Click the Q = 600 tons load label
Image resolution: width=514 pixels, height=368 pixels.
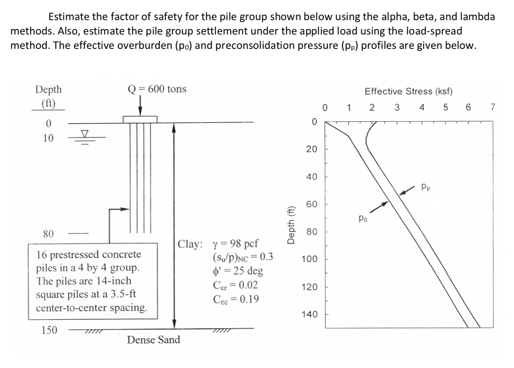[x=157, y=89]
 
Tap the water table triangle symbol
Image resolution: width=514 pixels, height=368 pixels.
[x=85, y=134]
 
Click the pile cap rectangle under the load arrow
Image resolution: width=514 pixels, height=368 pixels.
[x=140, y=119]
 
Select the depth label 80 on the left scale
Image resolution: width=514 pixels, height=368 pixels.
[x=48, y=234]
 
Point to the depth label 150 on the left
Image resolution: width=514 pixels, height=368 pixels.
[x=49, y=330]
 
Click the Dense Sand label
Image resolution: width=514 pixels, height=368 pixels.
[x=154, y=340]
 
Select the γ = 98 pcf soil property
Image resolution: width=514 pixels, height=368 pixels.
[x=235, y=243]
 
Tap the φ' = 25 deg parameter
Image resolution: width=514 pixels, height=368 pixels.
[x=238, y=271]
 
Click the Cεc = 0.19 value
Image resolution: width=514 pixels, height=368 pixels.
[x=236, y=299]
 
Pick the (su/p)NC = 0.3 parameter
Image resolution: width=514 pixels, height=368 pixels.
[x=243, y=257]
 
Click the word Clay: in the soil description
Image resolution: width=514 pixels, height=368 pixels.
[x=190, y=244]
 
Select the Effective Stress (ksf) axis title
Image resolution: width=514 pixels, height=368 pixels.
[x=408, y=91]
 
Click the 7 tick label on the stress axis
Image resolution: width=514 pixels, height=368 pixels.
[x=492, y=107]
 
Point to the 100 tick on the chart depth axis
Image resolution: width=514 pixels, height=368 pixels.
[x=309, y=259]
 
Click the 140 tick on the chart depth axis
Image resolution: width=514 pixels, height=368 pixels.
[x=309, y=314]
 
